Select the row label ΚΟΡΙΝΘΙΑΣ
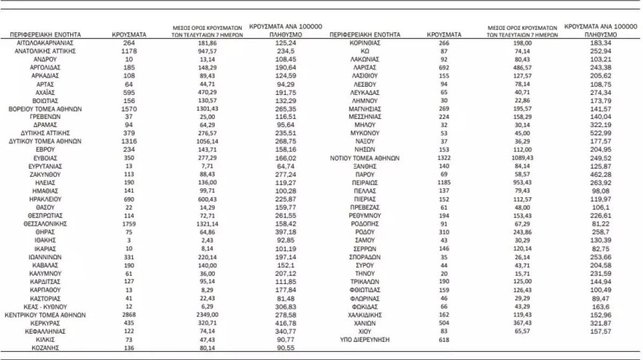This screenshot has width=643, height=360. pos(363,43)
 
